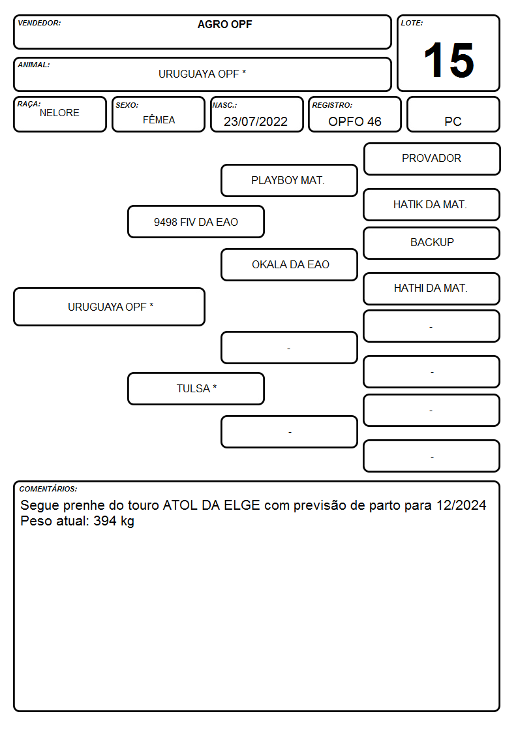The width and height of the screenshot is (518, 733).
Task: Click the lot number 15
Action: click(x=448, y=60)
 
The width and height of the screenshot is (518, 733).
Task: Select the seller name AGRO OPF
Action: click(x=224, y=24)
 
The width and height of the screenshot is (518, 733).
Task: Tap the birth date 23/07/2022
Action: click(x=256, y=121)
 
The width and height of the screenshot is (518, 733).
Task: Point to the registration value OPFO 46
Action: click(x=354, y=121)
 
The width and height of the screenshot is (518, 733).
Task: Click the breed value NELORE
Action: click(x=59, y=113)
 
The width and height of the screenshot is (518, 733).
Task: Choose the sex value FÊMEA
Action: click(x=159, y=119)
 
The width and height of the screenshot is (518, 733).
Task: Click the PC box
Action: click(x=453, y=114)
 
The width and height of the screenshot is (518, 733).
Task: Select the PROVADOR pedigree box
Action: click(x=432, y=159)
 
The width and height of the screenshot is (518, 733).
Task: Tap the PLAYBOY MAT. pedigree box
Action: click(x=289, y=180)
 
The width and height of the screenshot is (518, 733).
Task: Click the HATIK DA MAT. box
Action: click(x=432, y=205)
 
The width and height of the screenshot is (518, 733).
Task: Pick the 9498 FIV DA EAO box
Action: click(x=196, y=221)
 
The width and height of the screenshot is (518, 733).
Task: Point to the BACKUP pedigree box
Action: click(x=432, y=243)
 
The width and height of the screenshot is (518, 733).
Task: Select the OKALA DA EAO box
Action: click(x=289, y=264)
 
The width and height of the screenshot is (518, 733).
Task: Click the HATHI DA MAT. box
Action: click(x=432, y=289)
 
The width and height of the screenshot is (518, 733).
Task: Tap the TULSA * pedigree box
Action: click(x=196, y=388)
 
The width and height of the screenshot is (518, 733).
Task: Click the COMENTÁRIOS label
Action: click(x=48, y=489)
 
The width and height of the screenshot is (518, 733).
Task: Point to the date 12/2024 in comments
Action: click(x=461, y=505)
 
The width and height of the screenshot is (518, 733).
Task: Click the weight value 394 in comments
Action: click(x=105, y=521)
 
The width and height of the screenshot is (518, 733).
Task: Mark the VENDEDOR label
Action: click(x=39, y=23)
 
